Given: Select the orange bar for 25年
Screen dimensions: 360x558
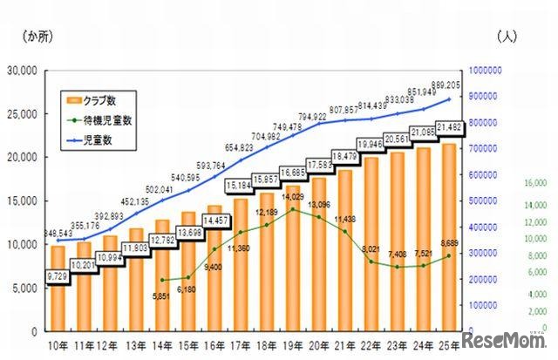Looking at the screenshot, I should (450, 244).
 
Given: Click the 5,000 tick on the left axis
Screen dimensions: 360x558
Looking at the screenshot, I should (26, 289).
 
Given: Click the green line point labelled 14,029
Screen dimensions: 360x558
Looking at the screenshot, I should (294, 209).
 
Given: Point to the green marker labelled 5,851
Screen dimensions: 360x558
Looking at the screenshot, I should (163, 280).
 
